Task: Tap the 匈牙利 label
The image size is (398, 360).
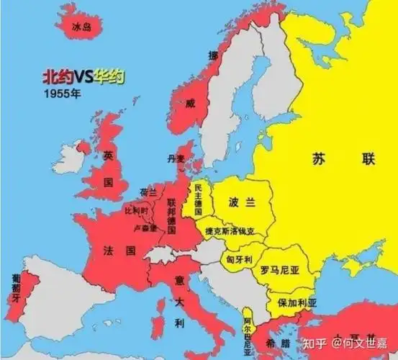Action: tap(238, 258)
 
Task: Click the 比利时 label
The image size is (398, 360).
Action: tap(136, 211)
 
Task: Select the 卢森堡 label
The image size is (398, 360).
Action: tap(146, 228)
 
